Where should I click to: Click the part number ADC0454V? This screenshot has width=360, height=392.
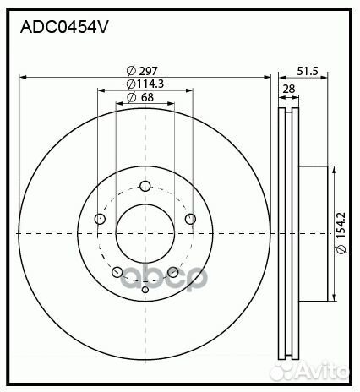click(x=64, y=26)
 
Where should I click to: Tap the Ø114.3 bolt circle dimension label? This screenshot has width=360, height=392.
click(x=144, y=84)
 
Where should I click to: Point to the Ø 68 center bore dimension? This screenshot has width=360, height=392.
click(x=141, y=98)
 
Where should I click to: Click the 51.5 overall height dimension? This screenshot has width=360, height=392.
click(x=308, y=71)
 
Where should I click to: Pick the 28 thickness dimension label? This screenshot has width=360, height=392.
click(x=289, y=89)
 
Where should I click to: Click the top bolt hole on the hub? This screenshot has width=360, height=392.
click(x=145, y=186)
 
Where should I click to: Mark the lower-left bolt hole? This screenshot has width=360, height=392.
click(x=117, y=272)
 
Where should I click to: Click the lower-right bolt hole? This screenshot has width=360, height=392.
click(x=172, y=272)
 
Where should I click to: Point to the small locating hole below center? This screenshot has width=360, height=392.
click(x=145, y=290)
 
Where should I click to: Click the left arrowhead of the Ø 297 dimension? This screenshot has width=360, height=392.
click(x=22, y=77)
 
